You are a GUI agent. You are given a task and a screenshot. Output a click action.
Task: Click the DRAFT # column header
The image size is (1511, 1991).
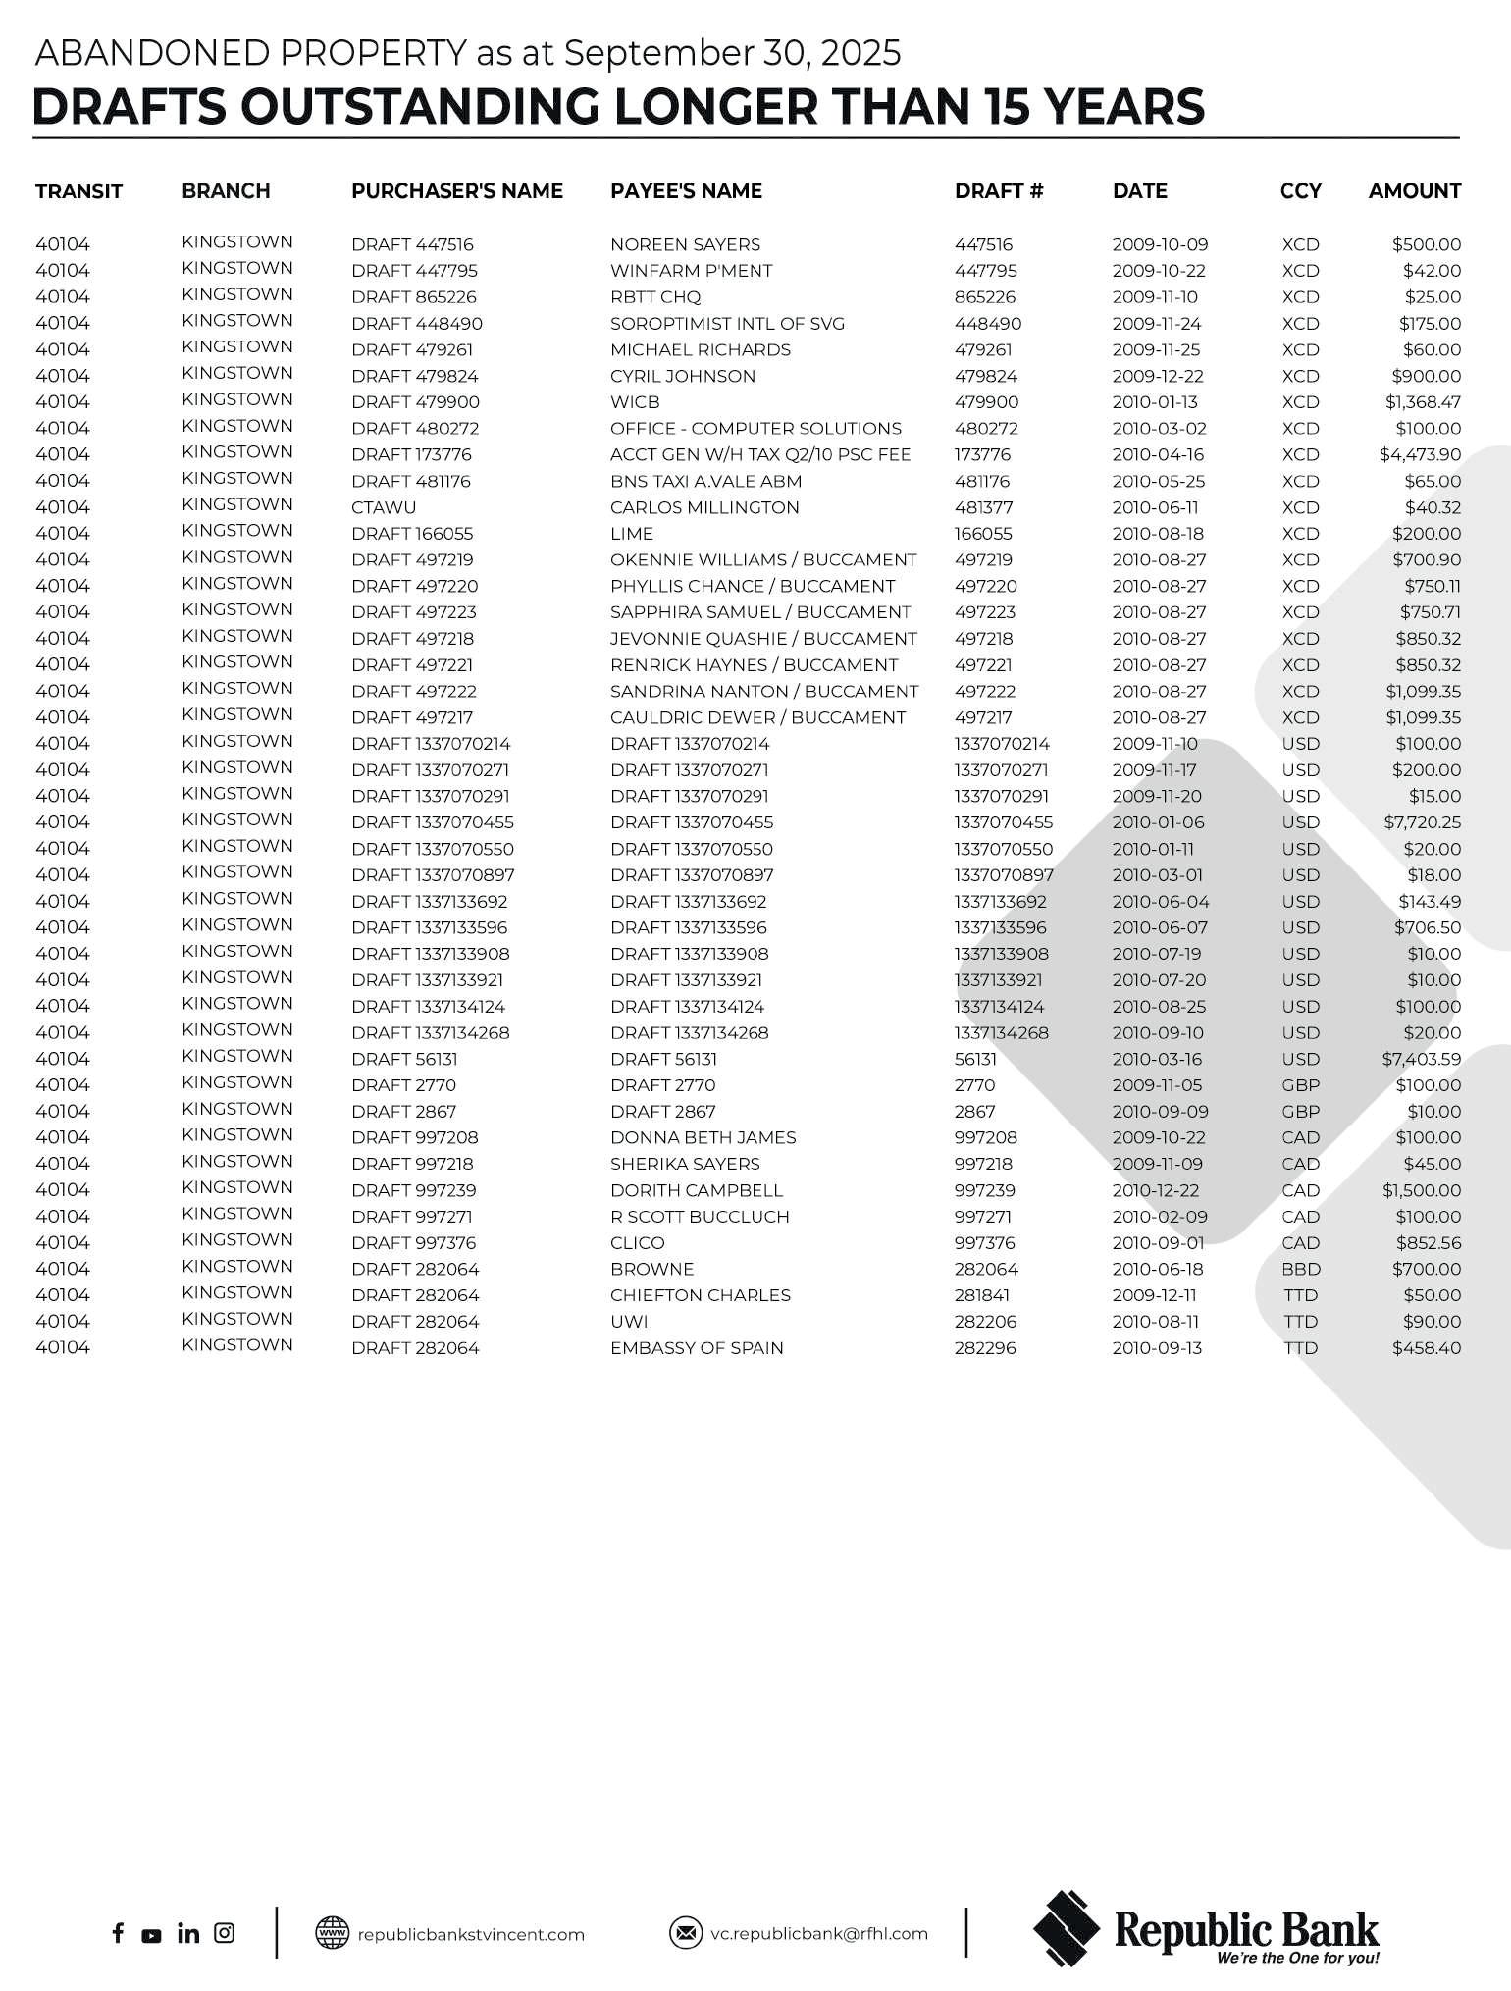998,191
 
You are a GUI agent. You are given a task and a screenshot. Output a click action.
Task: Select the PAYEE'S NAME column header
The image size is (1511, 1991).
686,191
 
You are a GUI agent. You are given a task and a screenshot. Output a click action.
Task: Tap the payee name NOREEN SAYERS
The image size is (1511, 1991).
685,244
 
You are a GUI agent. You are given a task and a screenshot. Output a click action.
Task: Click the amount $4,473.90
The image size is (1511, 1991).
1420,454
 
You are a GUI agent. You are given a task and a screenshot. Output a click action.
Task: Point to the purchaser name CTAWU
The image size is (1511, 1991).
384,507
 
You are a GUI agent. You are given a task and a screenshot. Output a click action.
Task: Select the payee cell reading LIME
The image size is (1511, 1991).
631,534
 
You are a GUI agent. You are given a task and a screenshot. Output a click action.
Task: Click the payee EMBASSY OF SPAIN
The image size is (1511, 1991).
697,1348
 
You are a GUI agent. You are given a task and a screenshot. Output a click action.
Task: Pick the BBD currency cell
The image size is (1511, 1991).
1300,1269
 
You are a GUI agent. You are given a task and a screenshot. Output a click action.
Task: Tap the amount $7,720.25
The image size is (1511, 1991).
1422,822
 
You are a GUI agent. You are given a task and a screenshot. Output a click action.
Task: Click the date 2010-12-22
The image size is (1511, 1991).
1159,1190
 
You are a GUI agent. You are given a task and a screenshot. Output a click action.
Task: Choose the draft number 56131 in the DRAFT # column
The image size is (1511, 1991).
975,1059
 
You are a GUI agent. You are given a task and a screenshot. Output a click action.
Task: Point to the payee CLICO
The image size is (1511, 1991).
637,1243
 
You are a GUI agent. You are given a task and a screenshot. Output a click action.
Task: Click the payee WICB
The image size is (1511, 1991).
635,402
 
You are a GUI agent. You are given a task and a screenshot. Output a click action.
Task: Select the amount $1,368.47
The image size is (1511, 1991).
1423,402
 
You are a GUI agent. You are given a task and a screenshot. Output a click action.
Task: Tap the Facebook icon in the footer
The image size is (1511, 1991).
118,1933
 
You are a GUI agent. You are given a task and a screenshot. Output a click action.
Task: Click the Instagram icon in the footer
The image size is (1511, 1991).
225,1933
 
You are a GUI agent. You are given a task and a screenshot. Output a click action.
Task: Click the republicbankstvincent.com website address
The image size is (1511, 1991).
470,1934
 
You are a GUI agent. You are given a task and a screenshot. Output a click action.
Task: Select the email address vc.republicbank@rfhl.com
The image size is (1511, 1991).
818,1933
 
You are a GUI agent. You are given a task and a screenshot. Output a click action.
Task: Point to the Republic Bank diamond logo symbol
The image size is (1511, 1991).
1067,1928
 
